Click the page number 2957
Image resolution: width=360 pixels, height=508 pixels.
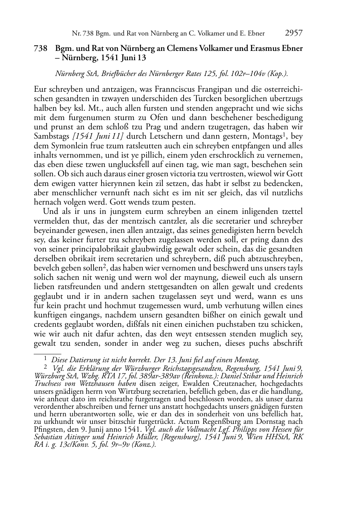point(294,33)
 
